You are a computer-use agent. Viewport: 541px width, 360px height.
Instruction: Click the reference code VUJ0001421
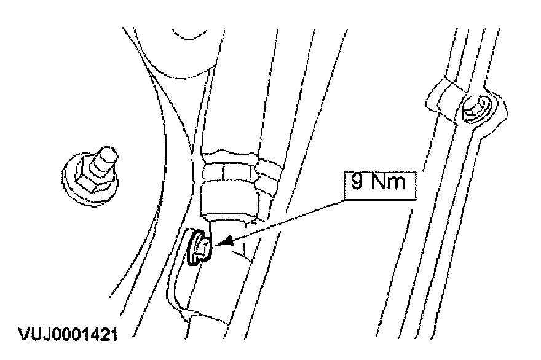68,336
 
